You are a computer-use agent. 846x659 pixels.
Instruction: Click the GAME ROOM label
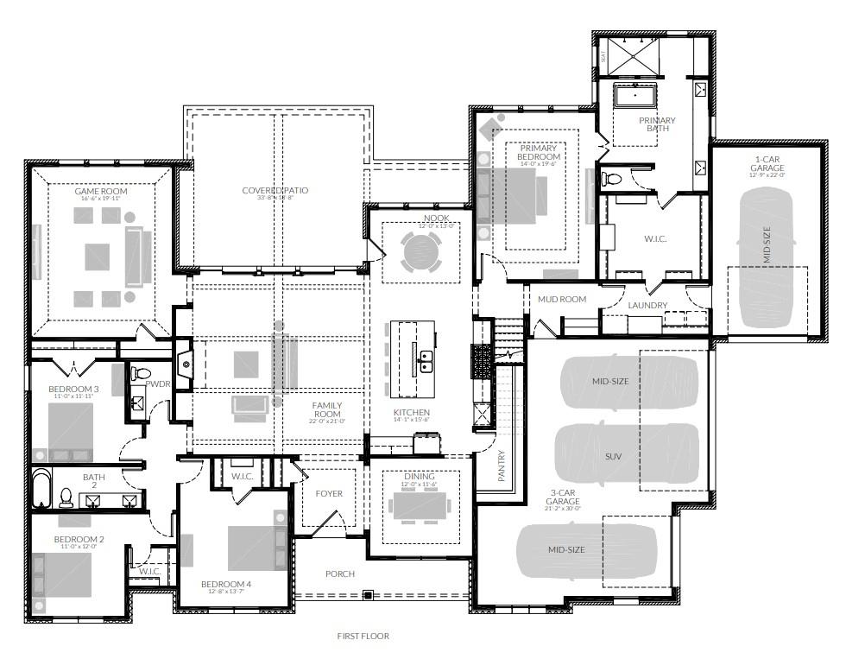pos(101,191)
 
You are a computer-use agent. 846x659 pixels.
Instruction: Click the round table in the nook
pos(421,252)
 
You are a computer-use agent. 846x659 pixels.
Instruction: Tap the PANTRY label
pos(502,466)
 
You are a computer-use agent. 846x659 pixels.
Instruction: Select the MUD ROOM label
pos(562,300)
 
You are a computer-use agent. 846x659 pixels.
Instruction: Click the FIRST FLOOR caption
pos(363,637)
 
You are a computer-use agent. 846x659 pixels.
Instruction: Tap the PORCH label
pos(339,574)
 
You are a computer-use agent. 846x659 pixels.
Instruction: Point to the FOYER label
pos(329,494)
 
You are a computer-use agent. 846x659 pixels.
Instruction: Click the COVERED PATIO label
pos(275,191)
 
